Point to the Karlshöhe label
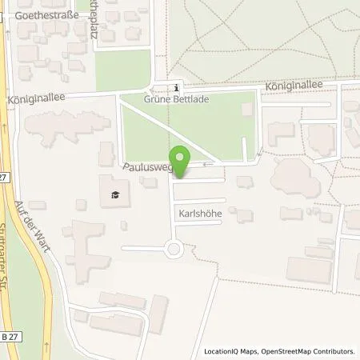196,214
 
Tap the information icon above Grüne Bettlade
177,88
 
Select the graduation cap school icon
114,194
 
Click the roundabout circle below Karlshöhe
174,249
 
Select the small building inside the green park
248,108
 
